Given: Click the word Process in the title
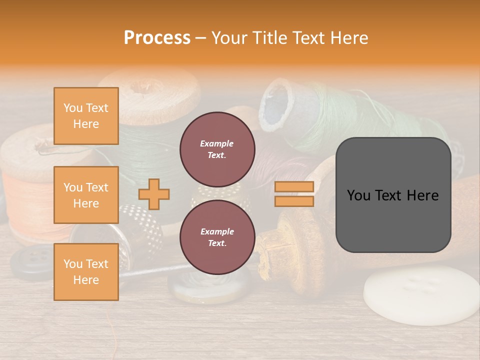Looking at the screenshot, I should [157, 38].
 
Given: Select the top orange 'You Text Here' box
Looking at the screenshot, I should [86, 116].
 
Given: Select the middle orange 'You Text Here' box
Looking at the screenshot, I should [86, 195].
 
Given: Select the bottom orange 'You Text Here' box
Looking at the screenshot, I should [86, 271].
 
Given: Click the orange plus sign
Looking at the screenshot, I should [154, 194].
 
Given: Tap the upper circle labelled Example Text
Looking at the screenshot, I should [217, 149].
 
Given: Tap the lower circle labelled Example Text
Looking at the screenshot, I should [217, 237].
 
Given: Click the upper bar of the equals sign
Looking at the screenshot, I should [294, 186].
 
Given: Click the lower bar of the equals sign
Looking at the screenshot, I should [294, 201].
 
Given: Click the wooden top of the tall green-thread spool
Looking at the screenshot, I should [150, 90].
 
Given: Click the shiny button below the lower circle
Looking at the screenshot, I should [210, 287].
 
